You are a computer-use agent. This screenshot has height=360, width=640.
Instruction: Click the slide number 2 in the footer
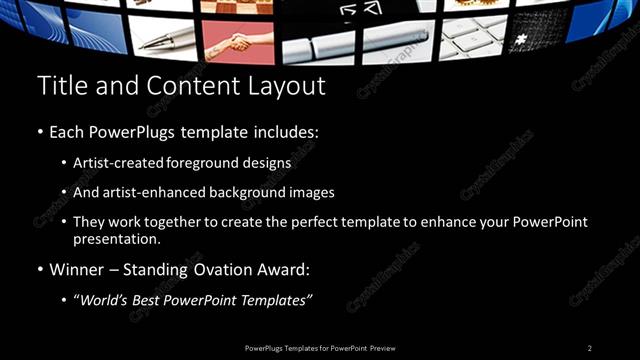(590, 348)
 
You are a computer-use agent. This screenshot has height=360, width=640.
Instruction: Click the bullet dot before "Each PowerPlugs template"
(39, 133)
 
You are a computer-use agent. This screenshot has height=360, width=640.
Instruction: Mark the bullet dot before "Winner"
(39, 270)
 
